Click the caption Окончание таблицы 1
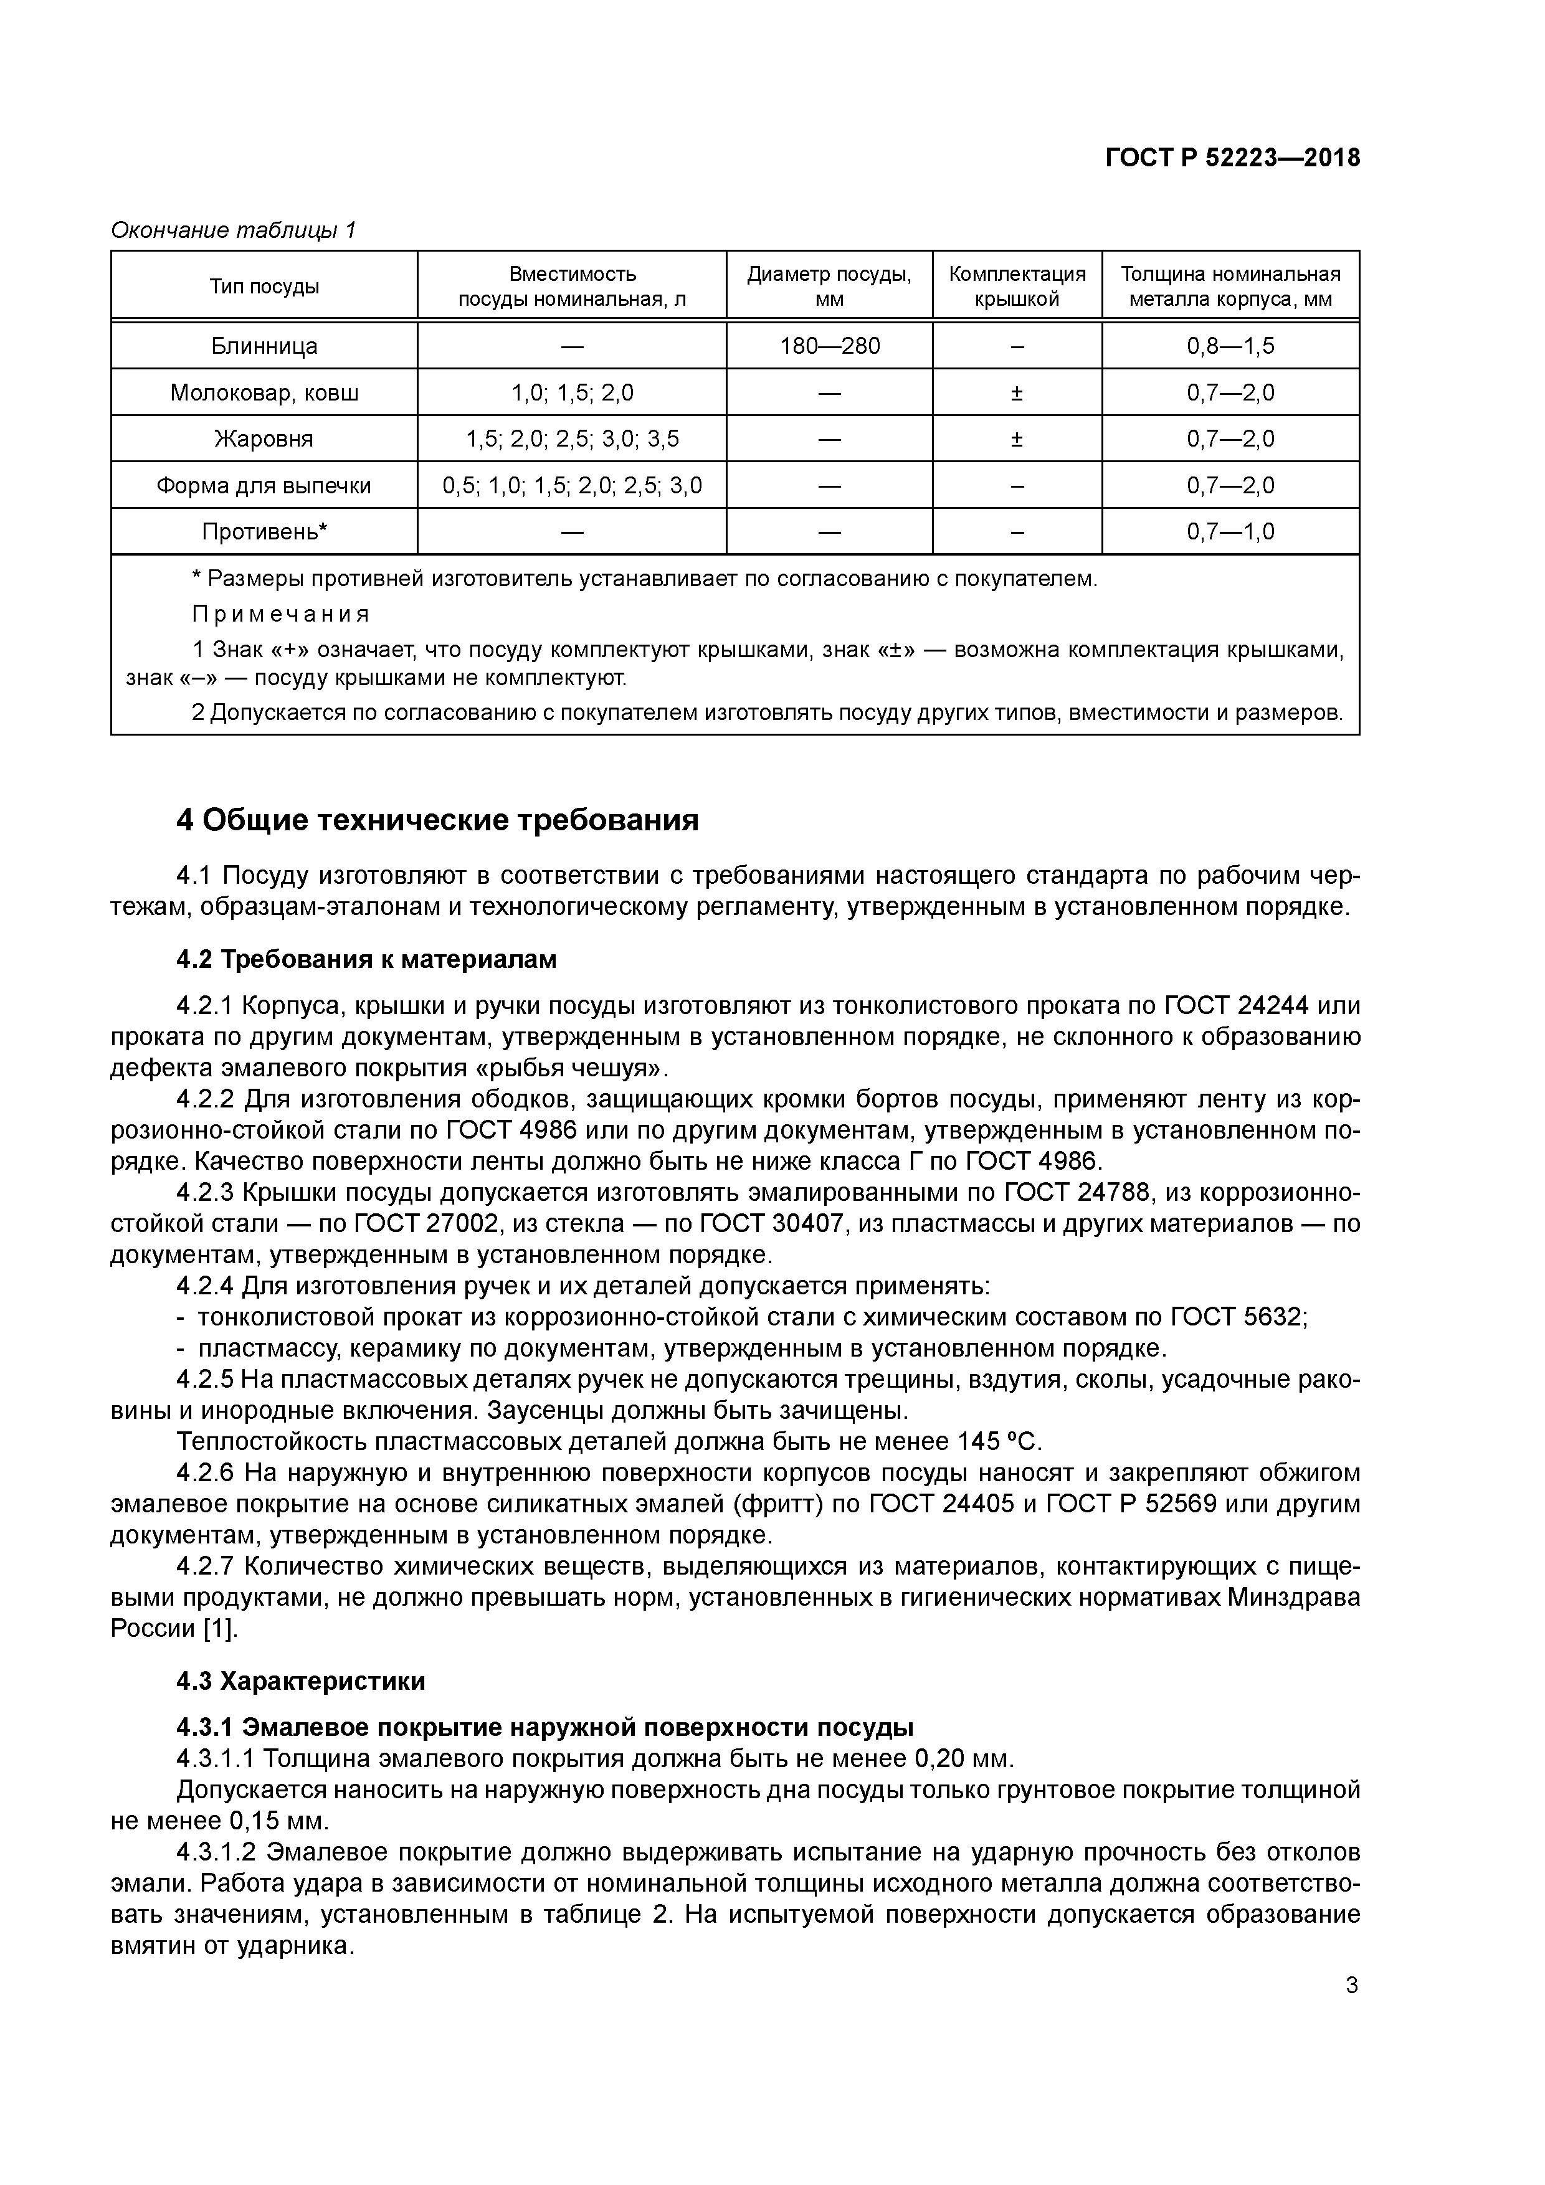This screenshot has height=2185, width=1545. (x=233, y=230)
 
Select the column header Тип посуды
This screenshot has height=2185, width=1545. (x=265, y=287)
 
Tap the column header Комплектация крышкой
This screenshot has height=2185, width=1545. (x=1017, y=287)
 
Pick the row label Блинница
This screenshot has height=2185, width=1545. (x=265, y=346)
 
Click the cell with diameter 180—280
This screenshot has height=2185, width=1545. (x=829, y=346)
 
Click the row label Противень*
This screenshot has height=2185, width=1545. (x=265, y=532)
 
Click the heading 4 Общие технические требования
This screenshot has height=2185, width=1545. (x=438, y=820)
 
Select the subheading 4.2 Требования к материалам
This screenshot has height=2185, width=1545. (x=366, y=960)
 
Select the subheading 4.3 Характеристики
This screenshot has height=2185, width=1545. (x=301, y=1682)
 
